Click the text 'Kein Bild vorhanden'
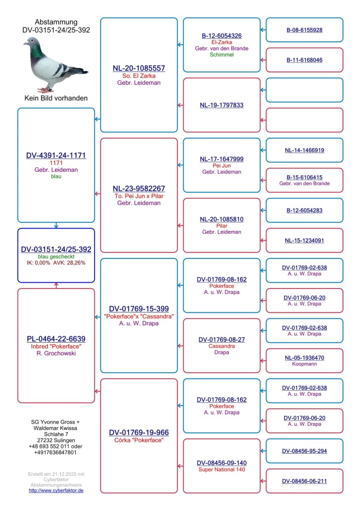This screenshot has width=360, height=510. [56, 98]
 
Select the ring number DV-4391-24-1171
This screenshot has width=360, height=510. [56, 155]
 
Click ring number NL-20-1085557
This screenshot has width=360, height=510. [139, 68]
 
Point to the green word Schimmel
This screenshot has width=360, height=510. [221, 55]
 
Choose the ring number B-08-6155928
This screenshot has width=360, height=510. [304, 30]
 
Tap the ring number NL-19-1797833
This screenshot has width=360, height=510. [221, 105]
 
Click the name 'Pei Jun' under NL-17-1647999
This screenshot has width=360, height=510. [221, 166]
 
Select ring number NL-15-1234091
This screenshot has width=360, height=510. [304, 240]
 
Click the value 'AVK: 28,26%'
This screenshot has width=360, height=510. [71, 262]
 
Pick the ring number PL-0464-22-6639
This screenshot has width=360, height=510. [56, 338]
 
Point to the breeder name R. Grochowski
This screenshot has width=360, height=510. [56, 353]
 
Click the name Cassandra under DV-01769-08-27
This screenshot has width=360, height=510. [221, 346]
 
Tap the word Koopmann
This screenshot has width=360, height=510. [304, 364]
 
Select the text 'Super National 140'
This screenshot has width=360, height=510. [221, 469]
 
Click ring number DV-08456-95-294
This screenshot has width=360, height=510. [304, 451]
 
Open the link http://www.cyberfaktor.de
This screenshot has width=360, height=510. [56, 490]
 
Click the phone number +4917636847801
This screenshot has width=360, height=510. [56, 452]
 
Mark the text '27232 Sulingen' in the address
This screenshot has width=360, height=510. [56, 440]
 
